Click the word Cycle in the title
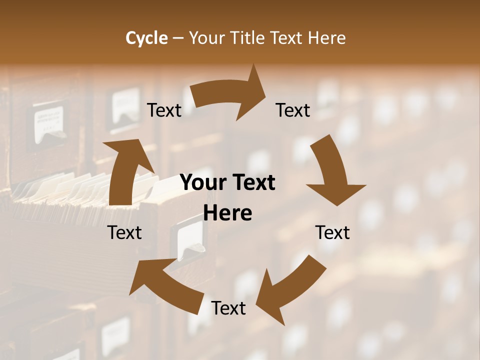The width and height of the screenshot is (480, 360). point(146,38)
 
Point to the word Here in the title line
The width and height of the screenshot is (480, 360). point(325,38)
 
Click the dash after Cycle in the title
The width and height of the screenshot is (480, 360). point(177,38)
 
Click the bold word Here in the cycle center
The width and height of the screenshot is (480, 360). point(227,213)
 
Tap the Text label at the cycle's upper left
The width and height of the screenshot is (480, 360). point(164,110)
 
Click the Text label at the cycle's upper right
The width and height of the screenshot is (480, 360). point(293,110)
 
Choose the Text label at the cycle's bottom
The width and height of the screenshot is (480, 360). point(228,308)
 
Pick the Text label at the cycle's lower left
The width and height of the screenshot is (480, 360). point(124,232)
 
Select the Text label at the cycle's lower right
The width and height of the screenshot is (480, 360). point(332,232)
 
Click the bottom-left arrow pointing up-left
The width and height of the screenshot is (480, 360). point(165,280)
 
